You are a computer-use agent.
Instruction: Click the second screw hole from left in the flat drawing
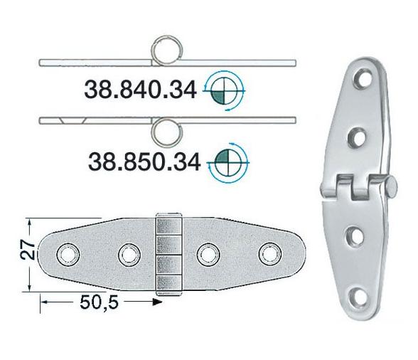[129, 253]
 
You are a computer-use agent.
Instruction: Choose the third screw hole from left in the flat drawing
[207, 253]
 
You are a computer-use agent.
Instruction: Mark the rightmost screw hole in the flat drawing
[269, 253]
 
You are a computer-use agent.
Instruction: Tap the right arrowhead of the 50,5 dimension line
[159, 302]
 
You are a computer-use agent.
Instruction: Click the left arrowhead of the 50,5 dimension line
[44, 302]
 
